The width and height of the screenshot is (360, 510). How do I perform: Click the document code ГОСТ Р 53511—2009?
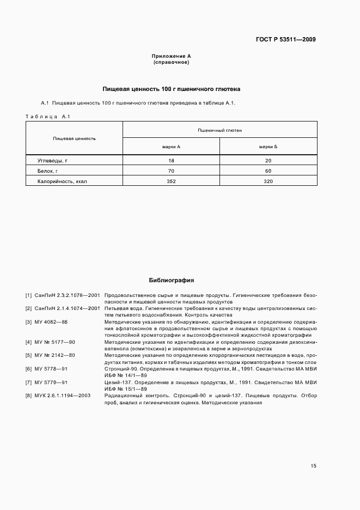click(x=286, y=39)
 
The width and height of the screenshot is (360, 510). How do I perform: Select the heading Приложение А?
click(x=171, y=57)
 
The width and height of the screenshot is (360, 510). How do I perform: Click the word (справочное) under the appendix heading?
click(x=171, y=63)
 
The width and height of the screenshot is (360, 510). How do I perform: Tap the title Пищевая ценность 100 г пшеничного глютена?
click(x=172, y=89)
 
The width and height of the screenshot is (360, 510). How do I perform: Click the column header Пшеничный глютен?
click(x=219, y=130)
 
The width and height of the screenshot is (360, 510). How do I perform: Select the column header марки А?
click(x=171, y=147)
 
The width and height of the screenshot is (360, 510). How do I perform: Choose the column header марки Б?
click(x=268, y=147)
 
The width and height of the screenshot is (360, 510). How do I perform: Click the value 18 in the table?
click(x=171, y=161)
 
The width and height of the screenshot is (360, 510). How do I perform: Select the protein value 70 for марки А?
click(x=171, y=171)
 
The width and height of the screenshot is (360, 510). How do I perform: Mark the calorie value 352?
click(x=171, y=181)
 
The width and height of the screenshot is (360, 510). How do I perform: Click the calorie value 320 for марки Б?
click(x=268, y=181)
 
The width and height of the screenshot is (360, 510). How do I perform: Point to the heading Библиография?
click(x=171, y=281)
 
